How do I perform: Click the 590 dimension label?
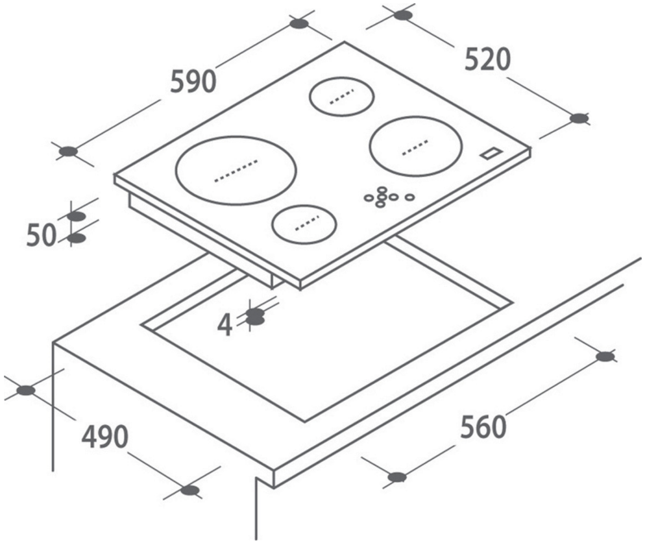coord(192,81)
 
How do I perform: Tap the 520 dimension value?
coord(488,60)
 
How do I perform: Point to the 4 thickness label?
coord(225,325)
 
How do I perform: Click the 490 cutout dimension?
coord(104,438)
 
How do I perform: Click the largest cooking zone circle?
coord(236,171)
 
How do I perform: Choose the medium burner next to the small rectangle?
coord(415,146)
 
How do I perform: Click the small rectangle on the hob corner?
coord(491,153)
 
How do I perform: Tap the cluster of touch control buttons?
coord(385,196)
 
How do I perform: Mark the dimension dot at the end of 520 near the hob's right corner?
coord(579,118)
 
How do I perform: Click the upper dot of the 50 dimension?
coord(77,215)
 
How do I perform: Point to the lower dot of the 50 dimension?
coord(77,238)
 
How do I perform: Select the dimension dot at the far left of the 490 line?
coord(26,390)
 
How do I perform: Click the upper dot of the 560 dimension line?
coord(605,356)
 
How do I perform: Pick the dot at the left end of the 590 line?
coord(68,152)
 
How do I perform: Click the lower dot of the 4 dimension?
coord(256,320)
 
